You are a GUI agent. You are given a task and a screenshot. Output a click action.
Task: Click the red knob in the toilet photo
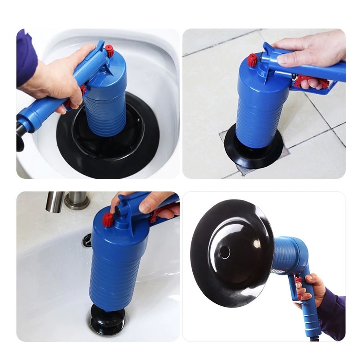(x=110, y=51)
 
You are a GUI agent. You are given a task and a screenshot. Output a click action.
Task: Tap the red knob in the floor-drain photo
(x=252, y=60)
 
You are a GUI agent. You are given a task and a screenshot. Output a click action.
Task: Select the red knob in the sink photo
(x=108, y=220)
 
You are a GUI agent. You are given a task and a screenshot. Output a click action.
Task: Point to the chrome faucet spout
(x=54, y=202)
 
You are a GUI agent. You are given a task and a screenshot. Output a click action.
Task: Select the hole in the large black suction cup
(x=224, y=252)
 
